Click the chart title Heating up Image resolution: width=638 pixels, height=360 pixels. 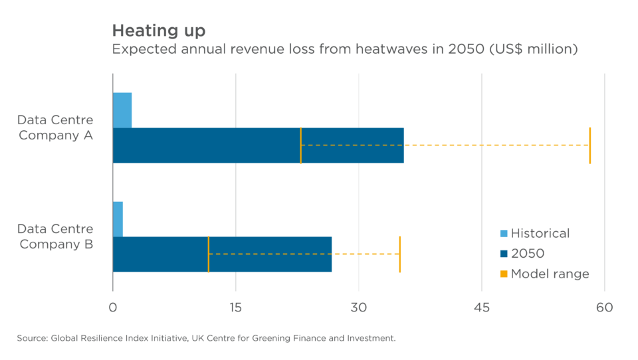pyautogui.click(x=159, y=31)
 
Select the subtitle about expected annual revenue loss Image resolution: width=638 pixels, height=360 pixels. pyautogui.click(x=345, y=50)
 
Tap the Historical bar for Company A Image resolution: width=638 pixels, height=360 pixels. pyautogui.click(x=122, y=110)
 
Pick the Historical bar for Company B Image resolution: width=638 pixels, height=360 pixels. pyautogui.click(x=118, y=219)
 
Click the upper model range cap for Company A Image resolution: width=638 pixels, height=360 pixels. pyautogui.click(x=589, y=145)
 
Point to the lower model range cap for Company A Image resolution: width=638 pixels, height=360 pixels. pyautogui.click(x=301, y=145)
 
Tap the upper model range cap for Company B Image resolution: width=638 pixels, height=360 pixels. pyautogui.click(x=399, y=254)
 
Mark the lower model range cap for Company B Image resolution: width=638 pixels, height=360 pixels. pyautogui.click(x=209, y=254)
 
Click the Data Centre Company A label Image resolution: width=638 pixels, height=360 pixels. pyautogui.click(x=56, y=128)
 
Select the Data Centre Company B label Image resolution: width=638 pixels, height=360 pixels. pyautogui.click(x=56, y=236)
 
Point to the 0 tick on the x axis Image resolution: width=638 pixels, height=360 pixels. pyautogui.click(x=113, y=308)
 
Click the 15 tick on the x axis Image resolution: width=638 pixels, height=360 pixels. pyautogui.click(x=235, y=308)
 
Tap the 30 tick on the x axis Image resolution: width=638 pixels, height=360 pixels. pyautogui.click(x=359, y=308)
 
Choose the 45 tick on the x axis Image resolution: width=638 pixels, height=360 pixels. pyautogui.click(x=482, y=308)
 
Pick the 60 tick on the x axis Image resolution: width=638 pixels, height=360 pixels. pyautogui.click(x=604, y=308)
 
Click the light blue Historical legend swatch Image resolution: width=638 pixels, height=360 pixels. pyautogui.click(x=503, y=233)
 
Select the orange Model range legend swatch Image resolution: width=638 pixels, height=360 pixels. pyautogui.click(x=503, y=274)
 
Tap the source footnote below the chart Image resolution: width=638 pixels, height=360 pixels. pyautogui.click(x=206, y=339)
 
